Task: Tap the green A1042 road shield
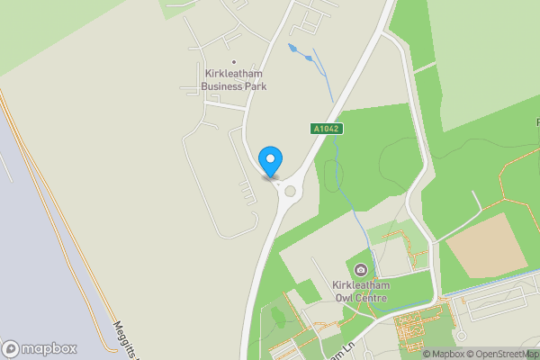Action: coord(328,130)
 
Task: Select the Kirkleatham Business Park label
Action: coord(234,79)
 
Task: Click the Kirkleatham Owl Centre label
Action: coord(359,291)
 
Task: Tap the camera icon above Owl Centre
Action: coord(361,270)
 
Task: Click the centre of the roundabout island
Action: coord(290,190)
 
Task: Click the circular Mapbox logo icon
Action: coord(11,348)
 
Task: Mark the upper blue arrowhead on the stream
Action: coord(292,46)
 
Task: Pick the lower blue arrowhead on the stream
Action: coord(310,58)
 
